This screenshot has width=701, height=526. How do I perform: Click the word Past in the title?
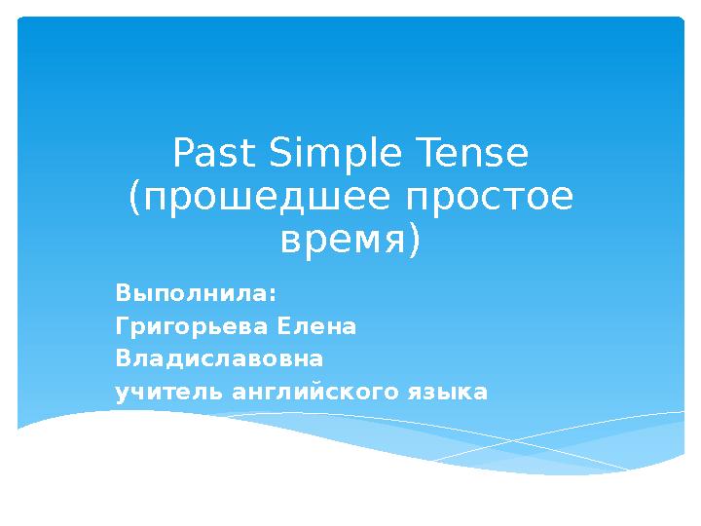[211, 154]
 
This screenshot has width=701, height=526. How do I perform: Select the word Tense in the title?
[471, 154]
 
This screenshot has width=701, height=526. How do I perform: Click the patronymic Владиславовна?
[219, 359]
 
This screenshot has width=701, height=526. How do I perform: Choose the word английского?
[312, 393]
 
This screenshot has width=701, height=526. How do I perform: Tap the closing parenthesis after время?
[415, 240]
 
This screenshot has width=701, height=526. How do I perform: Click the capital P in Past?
[181, 154]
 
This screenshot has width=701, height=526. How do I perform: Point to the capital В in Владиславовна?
[122, 359]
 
